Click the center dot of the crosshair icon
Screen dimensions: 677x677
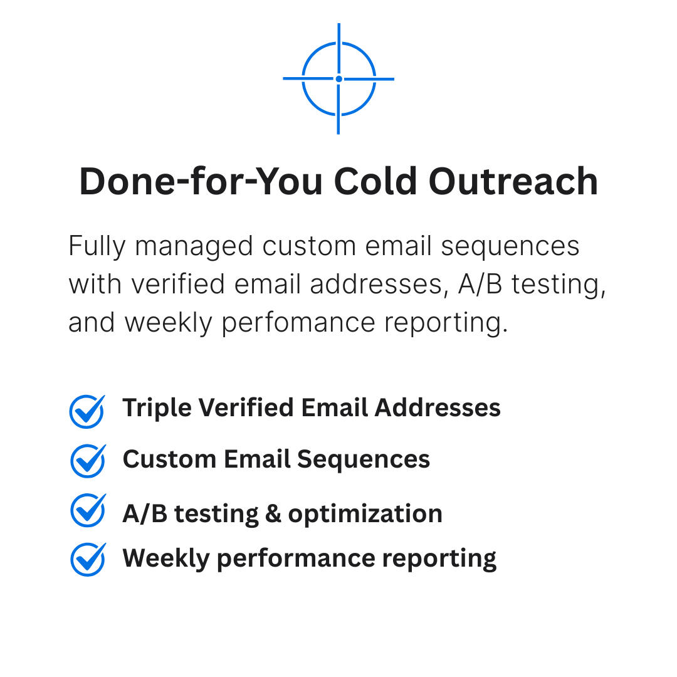coord(339,79)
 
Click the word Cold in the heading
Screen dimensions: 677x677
coord(375,181)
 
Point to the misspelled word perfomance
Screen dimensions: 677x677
coord(298,323)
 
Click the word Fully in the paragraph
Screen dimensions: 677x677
coord(97,246)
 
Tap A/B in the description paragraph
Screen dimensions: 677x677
coord(480,285)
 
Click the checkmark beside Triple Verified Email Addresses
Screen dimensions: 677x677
coord(87,411)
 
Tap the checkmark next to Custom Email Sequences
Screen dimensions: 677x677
coord(88,461)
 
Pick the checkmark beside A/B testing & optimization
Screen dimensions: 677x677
coord(88,510)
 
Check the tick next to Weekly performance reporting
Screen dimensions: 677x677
coord(88,559)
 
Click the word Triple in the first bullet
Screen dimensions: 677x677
coord(157,409)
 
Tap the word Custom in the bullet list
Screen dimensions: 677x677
coord(169,458)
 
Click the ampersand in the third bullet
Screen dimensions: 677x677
coord(273,514)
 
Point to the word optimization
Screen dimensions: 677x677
coord(365,514)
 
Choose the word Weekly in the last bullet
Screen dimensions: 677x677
coord(166,559)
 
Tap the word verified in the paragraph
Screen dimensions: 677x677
coord(178,285)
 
